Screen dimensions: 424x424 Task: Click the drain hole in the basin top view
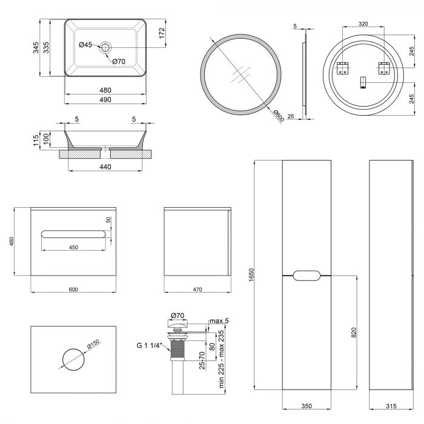(x=106, y=47)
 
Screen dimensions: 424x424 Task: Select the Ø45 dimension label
(x=85, y=45)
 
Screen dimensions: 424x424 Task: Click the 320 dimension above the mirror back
(x=362, y=24)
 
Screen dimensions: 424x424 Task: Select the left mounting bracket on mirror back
(x=342, y=68)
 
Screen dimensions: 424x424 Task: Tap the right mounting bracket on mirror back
(x=383, y=68)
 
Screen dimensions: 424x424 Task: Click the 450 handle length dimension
(x=73, y=247)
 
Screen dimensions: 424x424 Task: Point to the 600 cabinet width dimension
(x=73, y=290)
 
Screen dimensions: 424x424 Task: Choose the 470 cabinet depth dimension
(x=197, y=290)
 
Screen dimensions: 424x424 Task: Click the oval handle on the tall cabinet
(x=306, y=276)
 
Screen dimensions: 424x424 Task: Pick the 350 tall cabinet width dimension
(x=306, y=407)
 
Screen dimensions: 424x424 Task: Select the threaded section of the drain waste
(x=179, y=349)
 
